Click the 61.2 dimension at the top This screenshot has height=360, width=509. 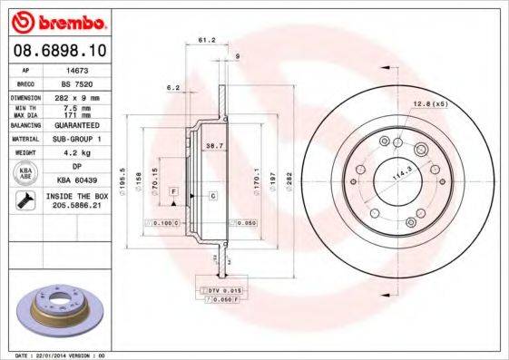pos(206,41)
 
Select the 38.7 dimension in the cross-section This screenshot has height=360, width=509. pos(214,145)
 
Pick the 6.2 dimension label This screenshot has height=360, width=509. pos(173,87)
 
